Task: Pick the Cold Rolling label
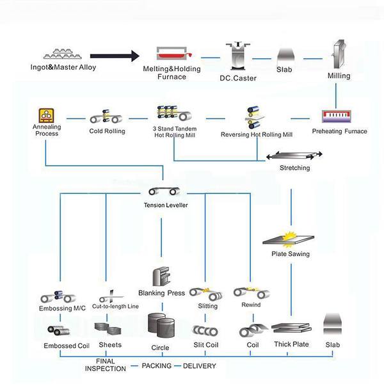point(107,132)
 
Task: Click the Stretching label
point(294,168)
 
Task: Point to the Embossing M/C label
point(61,308)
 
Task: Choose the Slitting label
point(207,307)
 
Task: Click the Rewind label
point(251,305)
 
